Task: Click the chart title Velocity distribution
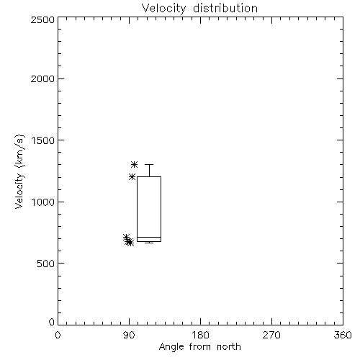199,9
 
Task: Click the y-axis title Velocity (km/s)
19,171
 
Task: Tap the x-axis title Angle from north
199,347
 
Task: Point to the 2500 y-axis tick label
42,19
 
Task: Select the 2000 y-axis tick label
42,78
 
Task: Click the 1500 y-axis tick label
43,140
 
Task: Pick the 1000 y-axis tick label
43,202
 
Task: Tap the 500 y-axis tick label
46,264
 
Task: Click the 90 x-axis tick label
129,335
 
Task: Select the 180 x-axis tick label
200,335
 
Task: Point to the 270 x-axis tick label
271,335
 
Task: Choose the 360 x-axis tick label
343,335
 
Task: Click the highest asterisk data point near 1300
134,164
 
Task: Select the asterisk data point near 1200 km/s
132,177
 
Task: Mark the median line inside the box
149,237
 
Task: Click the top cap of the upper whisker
149,164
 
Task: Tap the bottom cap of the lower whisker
149,243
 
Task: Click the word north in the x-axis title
229,347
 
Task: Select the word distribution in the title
225,9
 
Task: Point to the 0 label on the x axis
58,335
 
